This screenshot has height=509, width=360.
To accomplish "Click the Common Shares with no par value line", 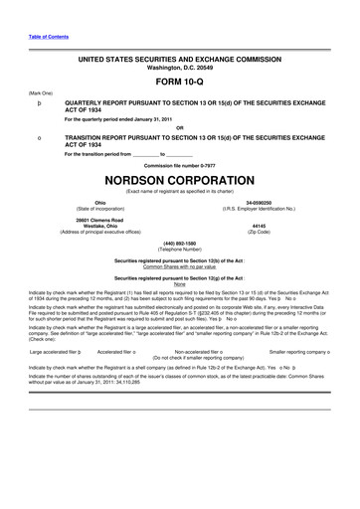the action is pos(180,267).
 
